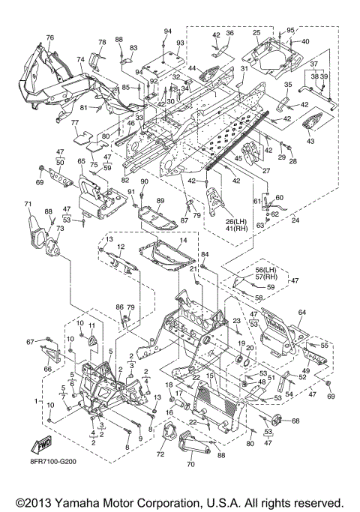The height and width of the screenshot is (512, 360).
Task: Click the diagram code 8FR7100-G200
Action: (53, 462)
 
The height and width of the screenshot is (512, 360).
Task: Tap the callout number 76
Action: (50, 37)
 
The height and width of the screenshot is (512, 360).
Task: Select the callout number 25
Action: (256, 33)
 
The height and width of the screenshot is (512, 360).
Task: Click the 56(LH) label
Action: (265, 271)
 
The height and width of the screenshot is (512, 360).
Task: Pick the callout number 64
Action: (301, 313)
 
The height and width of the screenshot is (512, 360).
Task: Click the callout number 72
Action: (160, 454)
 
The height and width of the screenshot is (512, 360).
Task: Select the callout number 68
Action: (295, 421)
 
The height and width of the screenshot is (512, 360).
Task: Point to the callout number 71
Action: (28, 205)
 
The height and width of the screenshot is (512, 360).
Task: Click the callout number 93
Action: (180, 43)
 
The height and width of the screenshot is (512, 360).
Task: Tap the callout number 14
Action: (183, 240)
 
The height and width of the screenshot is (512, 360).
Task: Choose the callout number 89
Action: (160, 201)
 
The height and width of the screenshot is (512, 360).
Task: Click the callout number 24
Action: (295, 220)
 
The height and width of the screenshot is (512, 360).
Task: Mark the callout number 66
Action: (48, 369)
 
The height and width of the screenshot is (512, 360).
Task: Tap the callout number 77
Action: (75, 123)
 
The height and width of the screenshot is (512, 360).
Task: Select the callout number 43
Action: (310, 141)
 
